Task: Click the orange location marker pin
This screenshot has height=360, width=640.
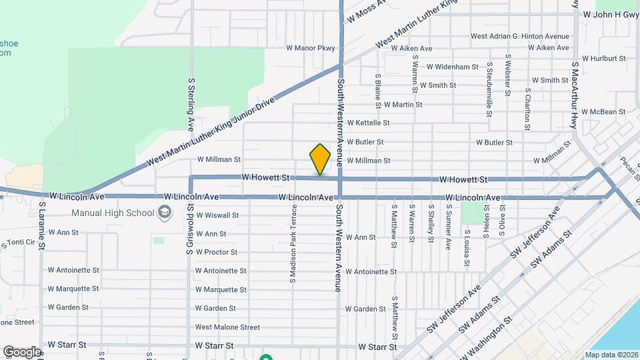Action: (320, 159)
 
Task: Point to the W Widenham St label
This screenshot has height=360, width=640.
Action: (453, 67)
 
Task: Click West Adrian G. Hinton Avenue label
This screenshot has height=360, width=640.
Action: (520, 36)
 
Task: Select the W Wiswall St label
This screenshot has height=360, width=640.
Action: (216, 215)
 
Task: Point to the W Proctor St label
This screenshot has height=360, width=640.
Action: (216, 252)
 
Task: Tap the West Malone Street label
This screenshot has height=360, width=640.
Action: (227, 327)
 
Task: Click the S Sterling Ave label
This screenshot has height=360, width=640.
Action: (191, 103)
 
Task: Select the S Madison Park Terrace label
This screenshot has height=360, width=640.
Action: (292, 243)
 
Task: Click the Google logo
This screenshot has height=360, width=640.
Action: (22, 351)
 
